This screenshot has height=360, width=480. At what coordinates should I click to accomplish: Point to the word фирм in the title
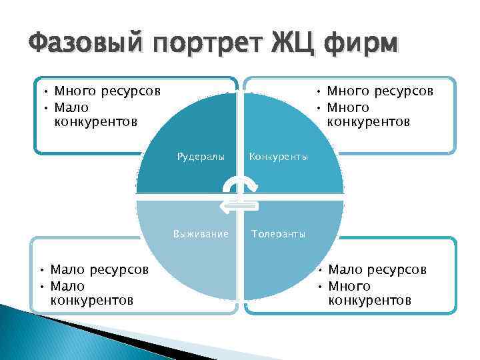point(360,45)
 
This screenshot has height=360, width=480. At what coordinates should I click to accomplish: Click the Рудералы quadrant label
point(200,157)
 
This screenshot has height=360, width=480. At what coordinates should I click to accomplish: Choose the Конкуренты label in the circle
point(278,157)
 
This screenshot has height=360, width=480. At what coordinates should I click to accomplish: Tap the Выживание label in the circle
point(201,234)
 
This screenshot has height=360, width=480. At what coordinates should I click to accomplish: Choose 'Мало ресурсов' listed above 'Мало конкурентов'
point(99,270)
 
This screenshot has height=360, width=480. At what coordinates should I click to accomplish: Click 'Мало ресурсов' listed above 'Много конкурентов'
point(377,270)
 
